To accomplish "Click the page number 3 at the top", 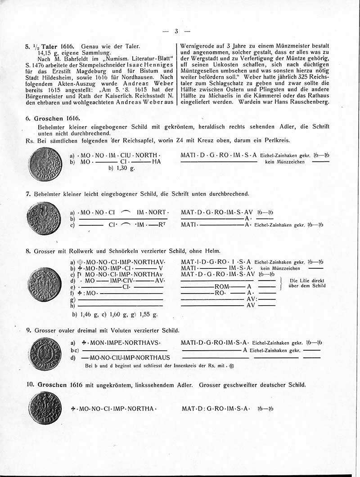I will (176, 31).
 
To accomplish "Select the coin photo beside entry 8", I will (44, 284).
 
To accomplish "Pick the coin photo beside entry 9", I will (44, 354).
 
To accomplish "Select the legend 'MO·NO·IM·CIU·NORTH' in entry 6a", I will (119, 155).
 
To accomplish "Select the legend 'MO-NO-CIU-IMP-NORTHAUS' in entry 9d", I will (126, 358).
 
